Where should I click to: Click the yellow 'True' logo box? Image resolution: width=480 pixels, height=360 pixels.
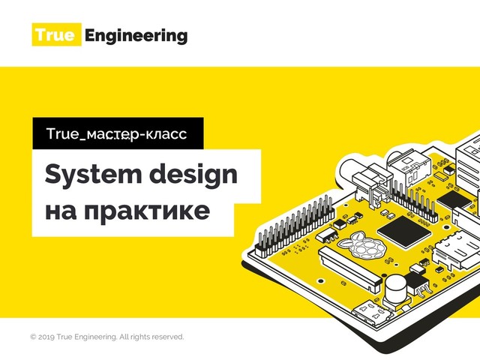[x=55, y=35]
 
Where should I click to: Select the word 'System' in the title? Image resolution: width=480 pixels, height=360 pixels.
[x=89, y=175]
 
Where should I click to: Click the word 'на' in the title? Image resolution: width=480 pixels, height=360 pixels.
[x=61, y=211]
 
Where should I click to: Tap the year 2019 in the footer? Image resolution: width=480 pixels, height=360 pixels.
[x=46, y=337]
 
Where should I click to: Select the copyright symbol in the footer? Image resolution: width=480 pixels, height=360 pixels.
[x=32, y=337]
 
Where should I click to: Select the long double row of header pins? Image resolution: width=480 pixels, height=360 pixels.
[x=292, y=226]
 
